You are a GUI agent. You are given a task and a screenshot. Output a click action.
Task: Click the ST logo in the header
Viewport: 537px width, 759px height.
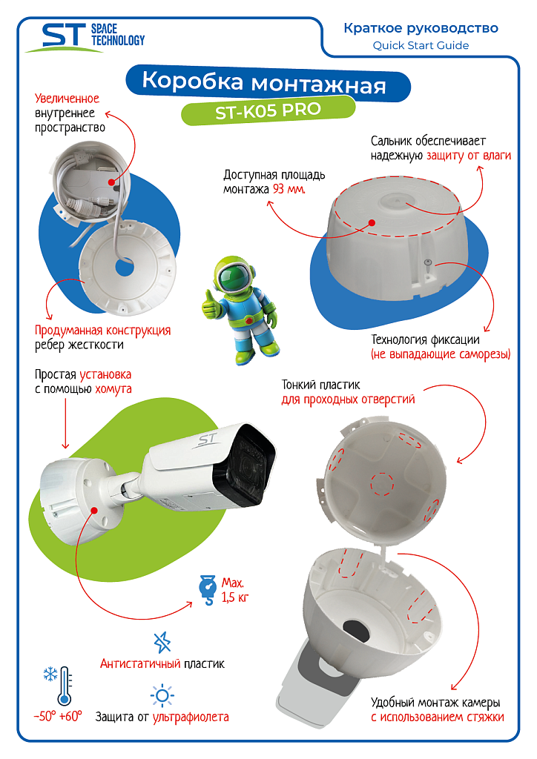(x=85, y=37)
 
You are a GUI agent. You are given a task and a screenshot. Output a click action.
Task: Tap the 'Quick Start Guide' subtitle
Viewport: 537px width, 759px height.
(x=421, y=45)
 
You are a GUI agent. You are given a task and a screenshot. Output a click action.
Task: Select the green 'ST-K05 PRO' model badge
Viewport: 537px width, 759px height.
(x=268, y=111)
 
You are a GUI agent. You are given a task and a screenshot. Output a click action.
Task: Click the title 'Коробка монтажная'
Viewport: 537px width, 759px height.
(x=264, y=82)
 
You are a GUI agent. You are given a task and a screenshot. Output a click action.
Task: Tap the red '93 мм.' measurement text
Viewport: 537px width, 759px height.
(x=289, y=189)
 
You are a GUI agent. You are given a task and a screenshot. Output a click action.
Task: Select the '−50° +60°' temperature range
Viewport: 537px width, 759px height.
(x=58, y=717)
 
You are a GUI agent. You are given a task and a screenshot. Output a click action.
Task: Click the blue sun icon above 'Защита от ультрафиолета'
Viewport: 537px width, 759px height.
(x=162, y=696)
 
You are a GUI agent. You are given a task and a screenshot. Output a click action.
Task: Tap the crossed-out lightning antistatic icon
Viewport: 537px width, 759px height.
(x=162, y=643)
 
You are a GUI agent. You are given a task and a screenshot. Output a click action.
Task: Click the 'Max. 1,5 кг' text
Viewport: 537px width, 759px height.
(x=235, y=590)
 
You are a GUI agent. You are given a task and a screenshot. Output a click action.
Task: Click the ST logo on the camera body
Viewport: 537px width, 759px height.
(x=208, y=440)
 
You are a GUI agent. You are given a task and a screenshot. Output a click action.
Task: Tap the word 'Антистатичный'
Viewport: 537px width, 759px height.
(x=140, y=663)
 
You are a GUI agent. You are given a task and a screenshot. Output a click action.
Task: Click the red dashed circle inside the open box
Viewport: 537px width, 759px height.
(x=382, y=484)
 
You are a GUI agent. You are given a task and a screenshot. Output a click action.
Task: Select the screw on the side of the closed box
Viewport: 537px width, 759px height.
(x=427, y=264)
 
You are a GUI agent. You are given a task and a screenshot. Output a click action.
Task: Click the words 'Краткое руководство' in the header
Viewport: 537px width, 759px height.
(x=421, y=28)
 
